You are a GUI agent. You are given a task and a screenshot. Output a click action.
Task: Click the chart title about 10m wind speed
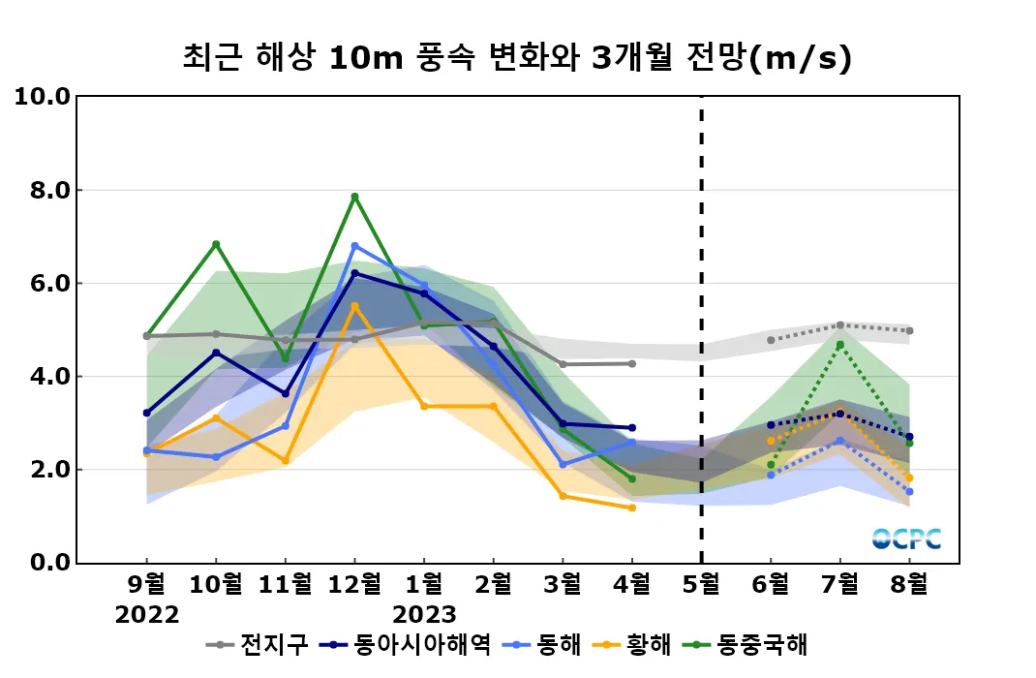point(517,58)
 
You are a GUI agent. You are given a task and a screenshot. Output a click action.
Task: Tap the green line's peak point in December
point(354,197)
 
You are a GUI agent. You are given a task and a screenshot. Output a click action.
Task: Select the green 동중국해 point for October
point(216,244)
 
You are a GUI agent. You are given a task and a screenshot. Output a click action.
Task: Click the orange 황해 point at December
point(354,306)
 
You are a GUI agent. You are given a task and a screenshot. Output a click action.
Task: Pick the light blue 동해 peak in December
point(354,246)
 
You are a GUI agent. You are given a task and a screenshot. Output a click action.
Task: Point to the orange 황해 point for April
point(632,508)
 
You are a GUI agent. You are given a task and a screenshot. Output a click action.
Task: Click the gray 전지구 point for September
point(146,336)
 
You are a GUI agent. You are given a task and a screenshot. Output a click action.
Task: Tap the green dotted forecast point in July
point(840,345)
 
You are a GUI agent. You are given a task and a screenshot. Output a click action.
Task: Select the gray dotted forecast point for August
point(910,331)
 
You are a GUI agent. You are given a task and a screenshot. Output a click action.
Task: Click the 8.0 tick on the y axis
point(44,190)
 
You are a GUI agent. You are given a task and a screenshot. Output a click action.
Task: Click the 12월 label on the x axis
point(354,584)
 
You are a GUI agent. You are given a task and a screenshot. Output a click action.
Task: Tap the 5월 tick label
point(701,584)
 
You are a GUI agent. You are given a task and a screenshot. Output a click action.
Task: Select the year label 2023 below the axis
point(424,615)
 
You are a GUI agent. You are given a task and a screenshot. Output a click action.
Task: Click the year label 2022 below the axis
point(146,615)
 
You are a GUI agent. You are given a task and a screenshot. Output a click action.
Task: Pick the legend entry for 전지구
point(261,644)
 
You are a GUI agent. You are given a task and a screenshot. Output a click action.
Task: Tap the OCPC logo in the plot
point(906,539)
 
